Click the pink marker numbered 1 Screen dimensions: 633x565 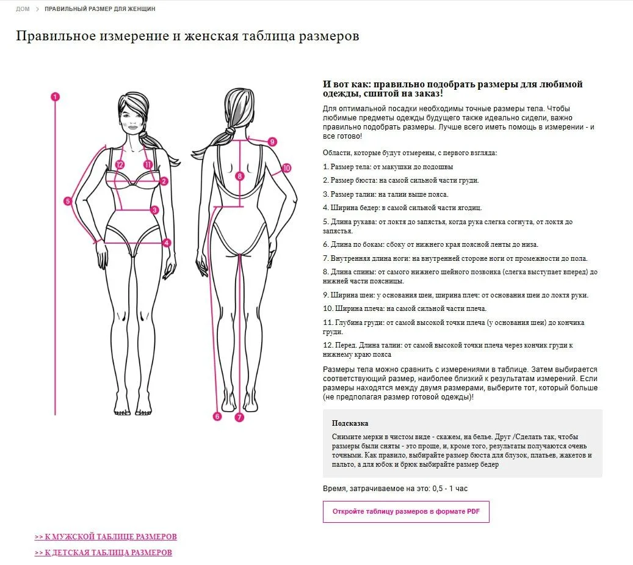[x=56, y=97]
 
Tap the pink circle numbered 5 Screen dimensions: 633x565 [x=68, y=201]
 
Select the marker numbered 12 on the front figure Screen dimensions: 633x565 [x=120, y=164]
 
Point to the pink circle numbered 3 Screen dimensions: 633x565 [x=154, y=210]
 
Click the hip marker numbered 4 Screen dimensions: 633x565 [x=166, y=242]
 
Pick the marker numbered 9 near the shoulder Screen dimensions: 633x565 [x=272, y=142]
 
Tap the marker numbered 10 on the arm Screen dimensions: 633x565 [x=286, y=168]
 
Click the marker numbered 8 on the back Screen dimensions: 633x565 [x=240, y=176]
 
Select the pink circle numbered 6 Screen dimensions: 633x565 [x=217, y=417]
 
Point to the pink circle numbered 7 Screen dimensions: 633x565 [x=239, y=417]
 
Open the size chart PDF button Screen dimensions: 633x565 [x=406, y=512]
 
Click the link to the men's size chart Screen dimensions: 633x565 [x=106, y=537]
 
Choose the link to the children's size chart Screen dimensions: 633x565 [x=103, y=553]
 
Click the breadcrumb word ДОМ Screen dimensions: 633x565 [x=23, y=9]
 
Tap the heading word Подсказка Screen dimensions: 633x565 [x=350, y=423]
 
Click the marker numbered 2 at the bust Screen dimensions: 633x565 [x=164, y=181]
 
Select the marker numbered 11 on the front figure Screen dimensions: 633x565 [x=148, y=164]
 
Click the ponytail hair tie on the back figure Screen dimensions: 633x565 [x=231, y=131]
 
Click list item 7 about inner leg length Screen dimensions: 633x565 [x=455, y=258]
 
